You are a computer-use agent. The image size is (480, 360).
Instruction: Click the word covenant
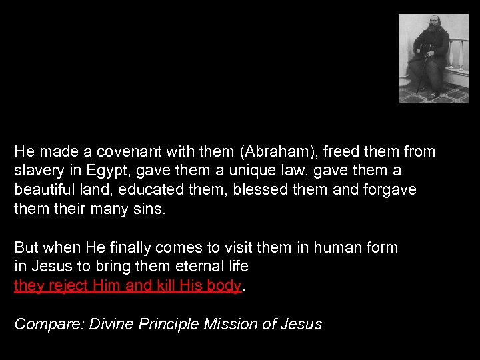coord(124,151)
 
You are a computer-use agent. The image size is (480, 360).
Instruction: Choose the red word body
coord(225,286)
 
